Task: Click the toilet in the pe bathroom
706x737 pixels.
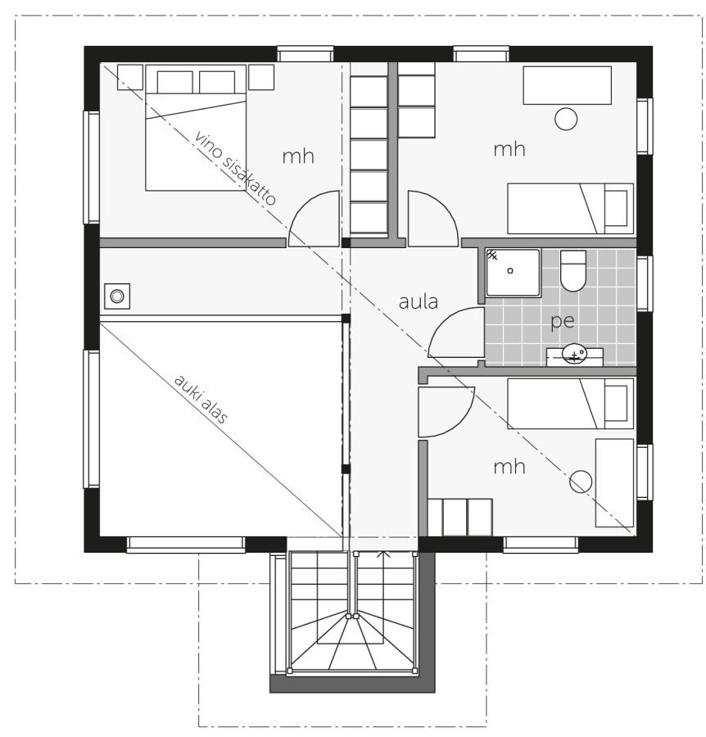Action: [573, 271]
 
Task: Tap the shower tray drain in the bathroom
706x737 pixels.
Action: [510, 271]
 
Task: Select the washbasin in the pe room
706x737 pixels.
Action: [574, 354]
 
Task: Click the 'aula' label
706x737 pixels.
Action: [419, 301]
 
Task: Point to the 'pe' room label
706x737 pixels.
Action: [563, 322]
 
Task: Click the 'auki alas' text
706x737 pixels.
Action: [201, 399]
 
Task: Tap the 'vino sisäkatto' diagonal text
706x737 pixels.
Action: [234, 167]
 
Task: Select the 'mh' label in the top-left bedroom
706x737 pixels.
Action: [298, 156]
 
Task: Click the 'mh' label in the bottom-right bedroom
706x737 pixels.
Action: [509, 467]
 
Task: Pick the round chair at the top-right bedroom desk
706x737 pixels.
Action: [566, 119]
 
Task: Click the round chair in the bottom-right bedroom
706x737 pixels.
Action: [581, 482]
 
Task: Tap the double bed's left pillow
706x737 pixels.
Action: [174, 82]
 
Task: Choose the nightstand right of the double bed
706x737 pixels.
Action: [261, 77]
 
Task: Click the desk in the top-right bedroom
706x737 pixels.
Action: [568, 85]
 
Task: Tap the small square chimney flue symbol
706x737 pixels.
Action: [117, 296]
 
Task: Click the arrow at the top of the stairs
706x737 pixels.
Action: [384, 554]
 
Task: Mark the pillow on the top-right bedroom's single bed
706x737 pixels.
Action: [616, 208]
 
